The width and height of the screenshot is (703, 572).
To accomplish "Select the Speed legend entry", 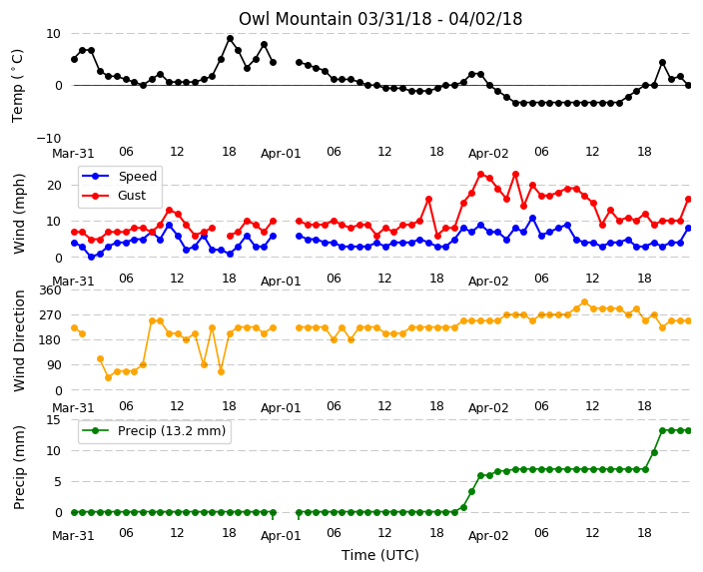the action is (119, 176).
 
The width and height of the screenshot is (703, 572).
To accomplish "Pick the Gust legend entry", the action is (114, 196).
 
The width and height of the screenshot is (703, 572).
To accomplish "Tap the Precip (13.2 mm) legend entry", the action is (154, 431).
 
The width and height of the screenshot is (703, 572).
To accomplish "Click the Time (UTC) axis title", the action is (380, 555).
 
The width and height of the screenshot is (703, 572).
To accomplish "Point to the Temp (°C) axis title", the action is (18, 86).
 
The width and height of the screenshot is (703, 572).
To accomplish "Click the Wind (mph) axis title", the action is (18, 214).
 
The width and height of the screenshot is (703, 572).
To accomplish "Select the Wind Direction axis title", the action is (18, 340).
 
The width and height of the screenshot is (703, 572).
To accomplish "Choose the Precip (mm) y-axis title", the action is (18, 467).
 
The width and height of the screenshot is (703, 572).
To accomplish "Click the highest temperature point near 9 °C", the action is (230, 39).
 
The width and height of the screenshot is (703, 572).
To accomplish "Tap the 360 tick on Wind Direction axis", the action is (50, 290).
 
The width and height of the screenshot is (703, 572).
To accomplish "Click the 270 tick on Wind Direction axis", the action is (50, 315).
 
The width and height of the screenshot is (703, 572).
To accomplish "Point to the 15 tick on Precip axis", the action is (53, 420).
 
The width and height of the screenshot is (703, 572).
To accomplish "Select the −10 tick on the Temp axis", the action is (48, 138).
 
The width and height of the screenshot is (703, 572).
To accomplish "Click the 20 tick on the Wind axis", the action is (54, 185).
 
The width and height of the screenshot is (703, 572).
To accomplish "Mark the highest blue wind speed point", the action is (532, 219).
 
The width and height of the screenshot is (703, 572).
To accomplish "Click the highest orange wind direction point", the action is (584, 302).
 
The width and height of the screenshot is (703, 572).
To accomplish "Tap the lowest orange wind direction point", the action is (109, 378).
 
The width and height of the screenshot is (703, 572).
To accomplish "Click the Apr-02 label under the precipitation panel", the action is (488, 535).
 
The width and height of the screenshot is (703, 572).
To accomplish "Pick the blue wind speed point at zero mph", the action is (92, 258).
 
